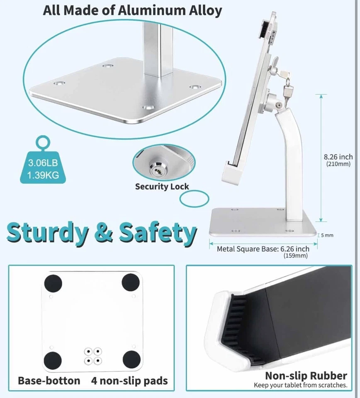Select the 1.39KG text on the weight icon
43,175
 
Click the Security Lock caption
162,187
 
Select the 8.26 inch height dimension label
338,157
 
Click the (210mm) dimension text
338,164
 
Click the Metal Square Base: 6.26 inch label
263,249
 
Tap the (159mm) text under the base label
295,256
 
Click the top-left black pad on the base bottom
53,284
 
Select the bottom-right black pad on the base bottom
132,359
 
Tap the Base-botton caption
49,381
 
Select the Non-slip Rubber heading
306,376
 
